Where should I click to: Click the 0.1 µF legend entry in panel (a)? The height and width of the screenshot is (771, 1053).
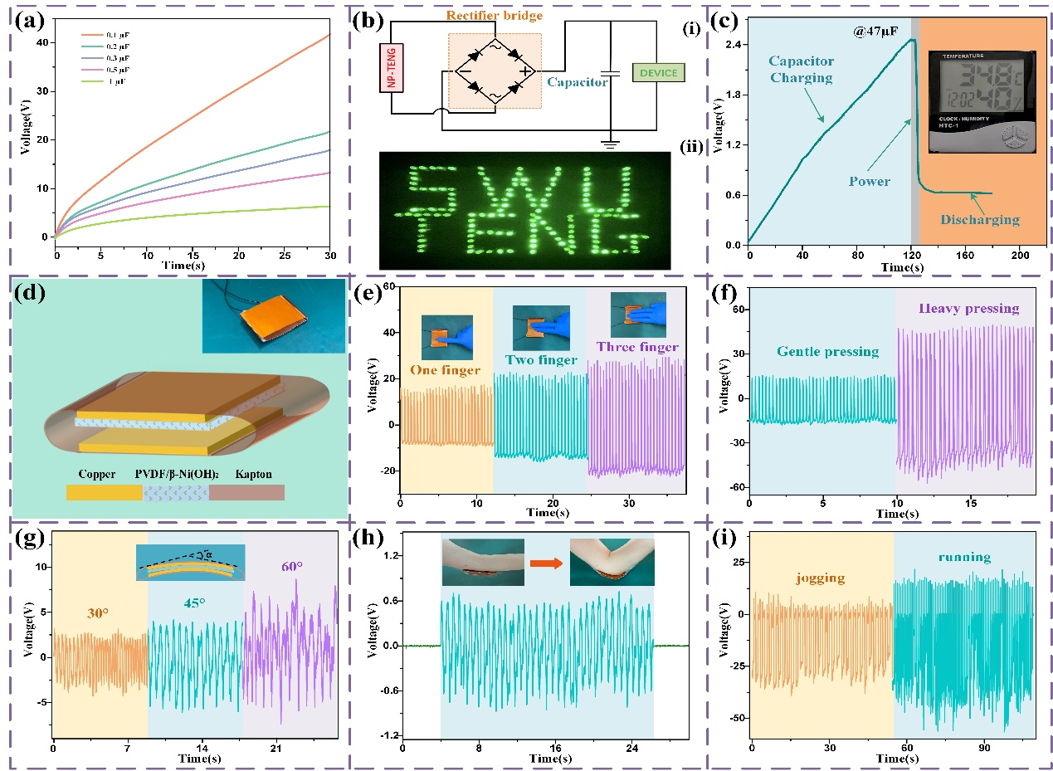point(104,35)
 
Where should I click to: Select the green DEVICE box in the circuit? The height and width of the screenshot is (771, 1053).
point(657,73)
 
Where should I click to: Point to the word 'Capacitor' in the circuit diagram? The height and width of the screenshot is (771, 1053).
point(577,82)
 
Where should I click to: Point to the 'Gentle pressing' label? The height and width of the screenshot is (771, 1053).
point(827,351)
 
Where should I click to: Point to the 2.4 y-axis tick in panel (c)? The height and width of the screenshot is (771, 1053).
point(734,44)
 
